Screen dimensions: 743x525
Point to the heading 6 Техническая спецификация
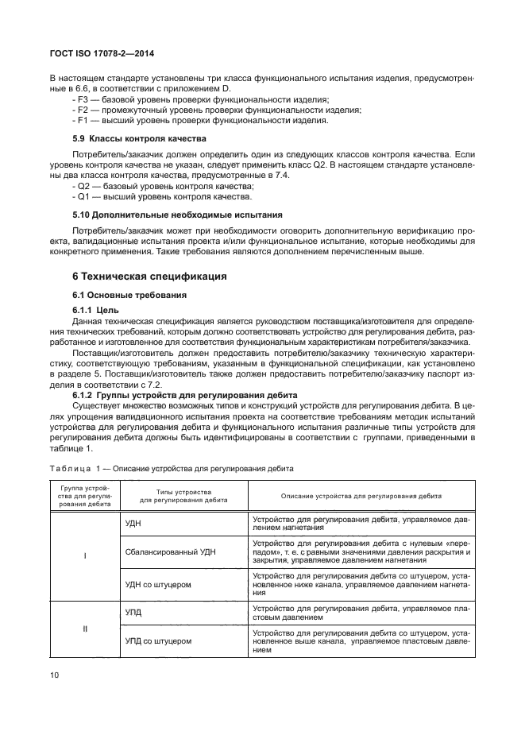point(149,276)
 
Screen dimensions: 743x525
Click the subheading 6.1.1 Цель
point(95,309)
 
